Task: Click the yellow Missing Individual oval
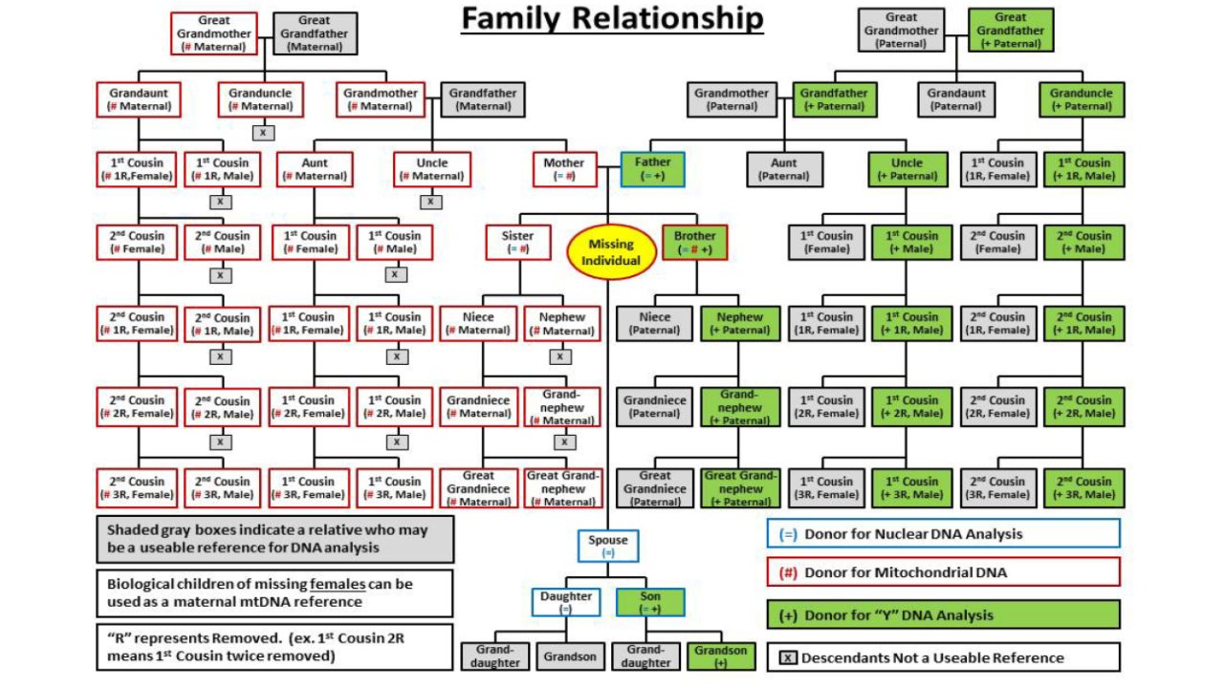coord(611,252)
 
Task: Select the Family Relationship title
coord(612,18)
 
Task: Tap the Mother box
coord(564,169)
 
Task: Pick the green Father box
coord(652,169)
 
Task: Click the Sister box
coord(517,243)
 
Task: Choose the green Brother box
coord(694,243)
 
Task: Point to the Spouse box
coord(607,546)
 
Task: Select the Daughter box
coord(565,602)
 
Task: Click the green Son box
coord(650,602)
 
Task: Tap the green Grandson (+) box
coord(721,656)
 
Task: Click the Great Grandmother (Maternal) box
coord(213,33)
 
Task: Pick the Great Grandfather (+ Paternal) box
coord(1011,30)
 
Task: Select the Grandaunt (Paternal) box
coord(956,99)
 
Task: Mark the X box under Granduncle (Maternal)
coord(263,133)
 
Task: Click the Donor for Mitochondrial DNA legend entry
coord(944,572)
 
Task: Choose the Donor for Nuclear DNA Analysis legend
coord(944,533)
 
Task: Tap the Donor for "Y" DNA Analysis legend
coord(944,614)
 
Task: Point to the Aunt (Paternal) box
coord(784,169)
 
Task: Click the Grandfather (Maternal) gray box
coord(483,99)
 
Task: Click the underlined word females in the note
coord(338,584)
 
